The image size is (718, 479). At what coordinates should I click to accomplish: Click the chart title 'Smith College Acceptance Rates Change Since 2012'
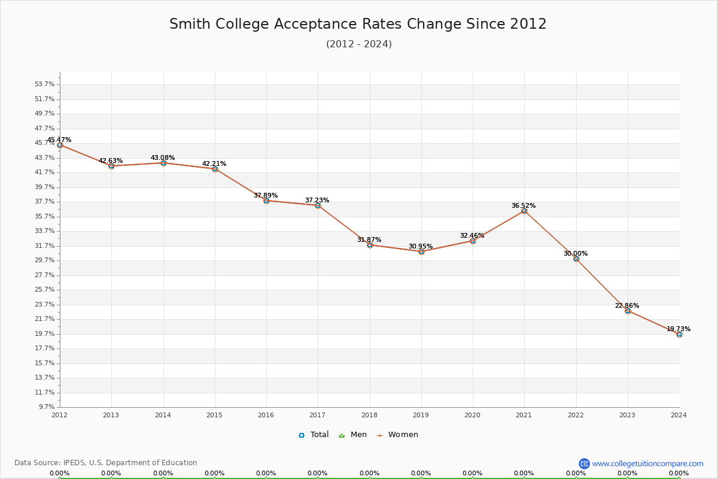click(x=358, y=24)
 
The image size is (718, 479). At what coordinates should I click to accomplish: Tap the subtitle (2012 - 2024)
click(x=358, y=44)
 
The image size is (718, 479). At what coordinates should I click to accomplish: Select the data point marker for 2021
click(x=524, y=211)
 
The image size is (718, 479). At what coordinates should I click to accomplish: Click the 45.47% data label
click(x=59, y=140)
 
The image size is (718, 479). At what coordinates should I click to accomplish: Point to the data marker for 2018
click(x=370, y=245)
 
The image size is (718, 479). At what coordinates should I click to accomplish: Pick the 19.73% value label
click(x=678, y=329)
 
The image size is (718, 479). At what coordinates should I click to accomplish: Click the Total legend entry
click(x=314, y=435)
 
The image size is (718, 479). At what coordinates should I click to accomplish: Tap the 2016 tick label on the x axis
click(x=266, y=415)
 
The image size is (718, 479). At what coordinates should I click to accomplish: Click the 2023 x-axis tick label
click(x=628, y=415)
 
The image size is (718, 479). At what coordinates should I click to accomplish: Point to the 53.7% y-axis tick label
click(x=44, y=84)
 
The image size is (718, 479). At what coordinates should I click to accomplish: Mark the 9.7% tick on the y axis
click(x=46, y=407)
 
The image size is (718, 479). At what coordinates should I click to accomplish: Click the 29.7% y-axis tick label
click(x=44, y=260)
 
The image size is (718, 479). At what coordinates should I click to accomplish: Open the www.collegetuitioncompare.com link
click(x=647, y=463)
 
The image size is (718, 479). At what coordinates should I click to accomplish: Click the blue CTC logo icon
click(x=584, y=463)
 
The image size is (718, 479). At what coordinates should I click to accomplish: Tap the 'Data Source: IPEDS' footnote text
click(x=106, y=463)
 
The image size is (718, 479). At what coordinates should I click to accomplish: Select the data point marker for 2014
click(x=163, y=163)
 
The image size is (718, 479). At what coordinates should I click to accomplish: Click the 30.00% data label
click(x=575, y=253)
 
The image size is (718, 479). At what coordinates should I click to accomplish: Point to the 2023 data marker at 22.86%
click(x=628, y=311)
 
